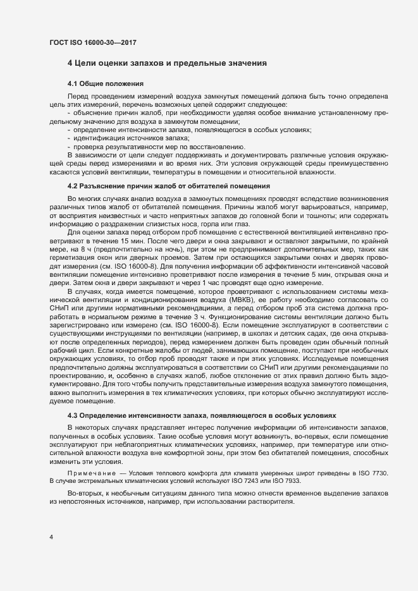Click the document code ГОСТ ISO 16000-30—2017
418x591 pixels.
[x=93, y=43]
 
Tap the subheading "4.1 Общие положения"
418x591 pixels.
[x=106, y=84]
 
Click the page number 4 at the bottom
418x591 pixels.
[x=51, y=537]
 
